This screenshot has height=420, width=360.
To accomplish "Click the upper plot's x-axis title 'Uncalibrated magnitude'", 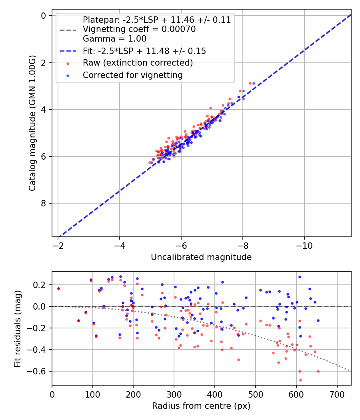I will point(201,257).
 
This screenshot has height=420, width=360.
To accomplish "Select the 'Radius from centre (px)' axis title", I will point(201,406).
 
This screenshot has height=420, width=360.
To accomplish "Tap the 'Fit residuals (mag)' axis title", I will point(17,329).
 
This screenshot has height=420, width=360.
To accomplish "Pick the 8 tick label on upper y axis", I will point(44,203).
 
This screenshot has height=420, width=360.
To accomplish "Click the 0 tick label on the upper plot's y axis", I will point(44,16).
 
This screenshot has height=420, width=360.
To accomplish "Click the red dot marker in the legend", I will point(68,63).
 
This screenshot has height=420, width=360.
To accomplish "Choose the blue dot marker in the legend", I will point(68,75).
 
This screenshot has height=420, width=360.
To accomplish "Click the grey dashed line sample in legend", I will point(68,30).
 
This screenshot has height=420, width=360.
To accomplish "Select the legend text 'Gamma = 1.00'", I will point(114,39).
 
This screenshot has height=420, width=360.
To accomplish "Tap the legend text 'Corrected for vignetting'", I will point(132,75).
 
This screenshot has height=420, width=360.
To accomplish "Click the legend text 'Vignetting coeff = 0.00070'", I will point(139,29).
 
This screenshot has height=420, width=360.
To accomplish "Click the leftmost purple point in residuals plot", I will point(58,288).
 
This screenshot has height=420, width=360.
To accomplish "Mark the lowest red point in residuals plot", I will point(300,380).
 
